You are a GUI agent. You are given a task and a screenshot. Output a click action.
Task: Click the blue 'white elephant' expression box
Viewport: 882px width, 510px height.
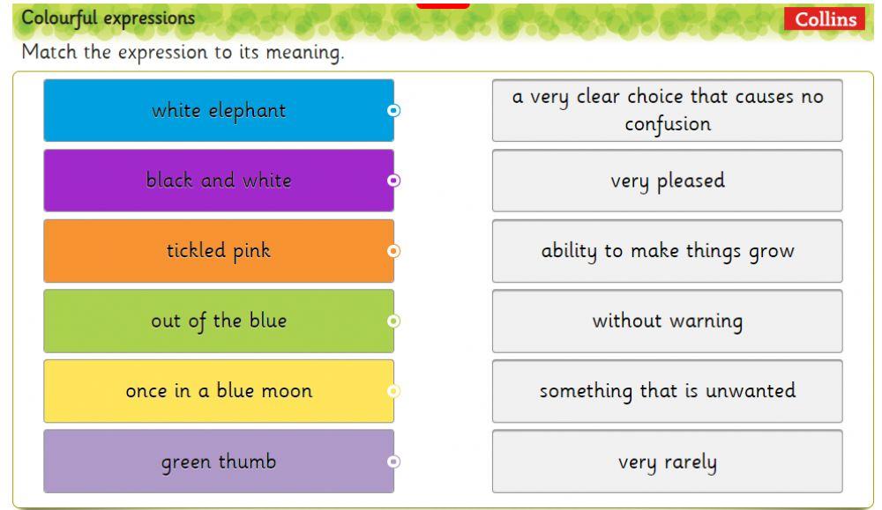218,110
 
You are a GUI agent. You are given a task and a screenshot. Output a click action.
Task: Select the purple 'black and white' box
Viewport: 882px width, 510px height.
218,181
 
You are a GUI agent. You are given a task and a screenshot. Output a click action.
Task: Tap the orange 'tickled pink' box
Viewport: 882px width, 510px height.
218,251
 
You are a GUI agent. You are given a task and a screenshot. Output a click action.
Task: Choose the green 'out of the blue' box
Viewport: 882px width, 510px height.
218,321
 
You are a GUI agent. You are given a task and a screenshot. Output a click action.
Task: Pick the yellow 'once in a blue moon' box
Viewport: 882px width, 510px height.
218,391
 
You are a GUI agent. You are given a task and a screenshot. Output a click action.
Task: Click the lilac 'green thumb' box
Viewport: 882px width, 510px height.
218,462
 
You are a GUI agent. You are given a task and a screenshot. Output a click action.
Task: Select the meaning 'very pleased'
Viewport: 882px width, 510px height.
667,181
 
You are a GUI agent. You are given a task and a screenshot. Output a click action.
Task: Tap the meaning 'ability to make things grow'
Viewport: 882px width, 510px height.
667,251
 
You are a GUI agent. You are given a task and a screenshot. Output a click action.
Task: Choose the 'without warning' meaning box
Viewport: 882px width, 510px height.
667,321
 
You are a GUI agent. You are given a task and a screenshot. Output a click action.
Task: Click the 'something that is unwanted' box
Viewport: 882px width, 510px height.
667,391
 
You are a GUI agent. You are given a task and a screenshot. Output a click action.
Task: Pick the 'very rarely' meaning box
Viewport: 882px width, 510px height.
667,462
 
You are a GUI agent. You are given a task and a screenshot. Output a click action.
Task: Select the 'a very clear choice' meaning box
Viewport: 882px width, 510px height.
667,110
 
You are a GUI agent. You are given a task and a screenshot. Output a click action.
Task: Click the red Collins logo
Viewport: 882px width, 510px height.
825,18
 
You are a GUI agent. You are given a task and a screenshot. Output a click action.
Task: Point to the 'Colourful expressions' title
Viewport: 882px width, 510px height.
108,18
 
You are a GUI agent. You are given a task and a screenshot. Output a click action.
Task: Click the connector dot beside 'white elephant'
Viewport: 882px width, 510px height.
394,110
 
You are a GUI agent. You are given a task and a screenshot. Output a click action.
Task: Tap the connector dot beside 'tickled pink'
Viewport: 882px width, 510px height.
394,251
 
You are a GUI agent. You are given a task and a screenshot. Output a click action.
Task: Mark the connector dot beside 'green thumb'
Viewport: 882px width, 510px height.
394,462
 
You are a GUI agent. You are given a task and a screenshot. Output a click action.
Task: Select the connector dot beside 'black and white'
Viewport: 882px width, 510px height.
394,181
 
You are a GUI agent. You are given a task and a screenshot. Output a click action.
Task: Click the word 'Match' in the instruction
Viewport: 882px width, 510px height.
47,52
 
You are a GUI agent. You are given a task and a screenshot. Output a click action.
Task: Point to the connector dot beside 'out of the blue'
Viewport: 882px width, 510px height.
394,321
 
